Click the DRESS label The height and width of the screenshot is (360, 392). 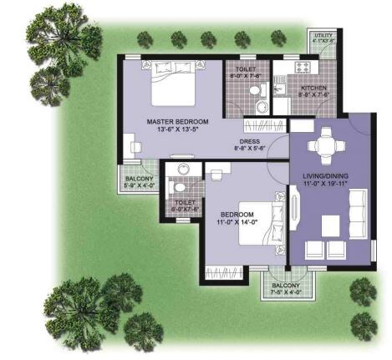249,141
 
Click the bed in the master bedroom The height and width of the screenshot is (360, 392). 175,84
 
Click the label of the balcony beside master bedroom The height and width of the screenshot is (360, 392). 140,179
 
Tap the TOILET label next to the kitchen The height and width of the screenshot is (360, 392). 246,71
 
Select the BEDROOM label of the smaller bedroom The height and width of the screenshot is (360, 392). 237,214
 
